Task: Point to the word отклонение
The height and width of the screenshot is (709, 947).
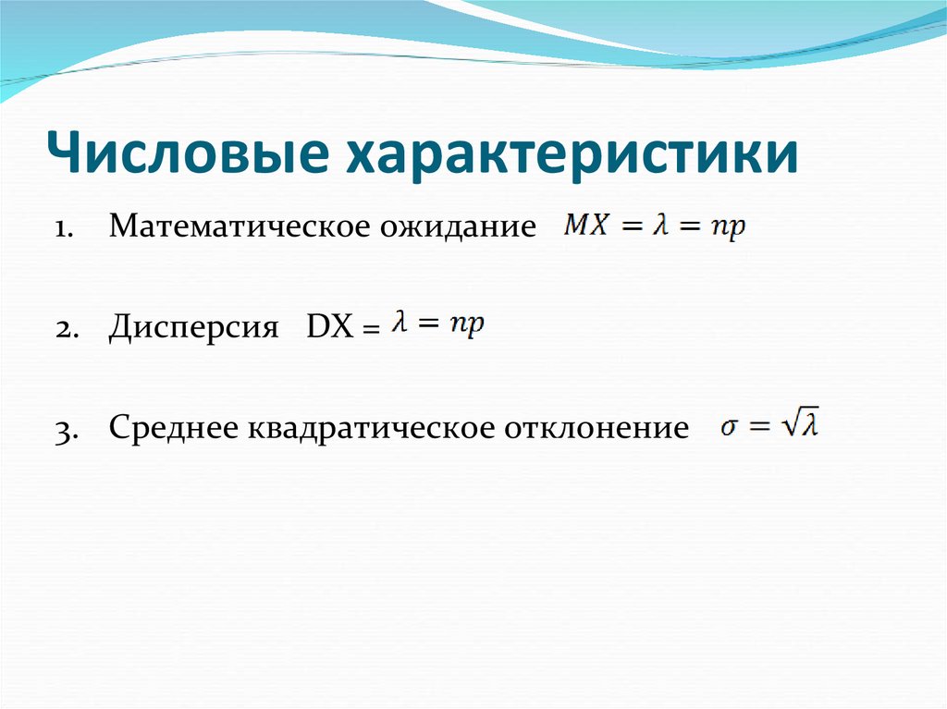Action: [596, 429]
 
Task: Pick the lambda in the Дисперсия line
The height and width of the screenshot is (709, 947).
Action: [400, 324]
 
